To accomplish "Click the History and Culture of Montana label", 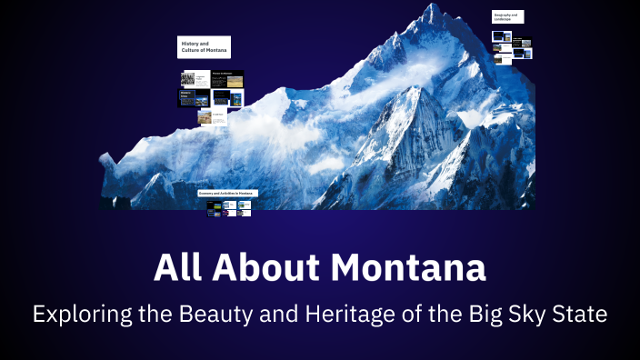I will coord(204,46).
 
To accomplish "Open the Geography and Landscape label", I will coord(507,16).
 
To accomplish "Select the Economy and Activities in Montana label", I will coord(228,194).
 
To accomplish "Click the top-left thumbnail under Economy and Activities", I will coord(214,205).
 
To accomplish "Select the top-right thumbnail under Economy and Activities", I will coord(244,205).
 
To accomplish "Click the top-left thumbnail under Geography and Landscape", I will coord(501,37).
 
